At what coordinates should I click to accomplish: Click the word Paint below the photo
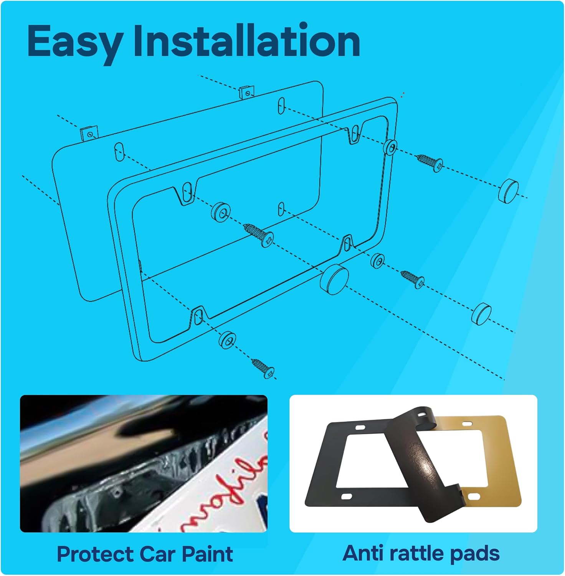[x=207, y=554]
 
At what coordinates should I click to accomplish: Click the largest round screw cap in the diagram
[x=334, y=279]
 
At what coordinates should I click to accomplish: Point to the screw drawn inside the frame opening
[x=259, y=234]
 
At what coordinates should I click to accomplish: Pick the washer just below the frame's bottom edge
[x=227, y=339]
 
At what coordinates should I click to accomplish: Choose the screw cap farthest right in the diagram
[x=508, y=190]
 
